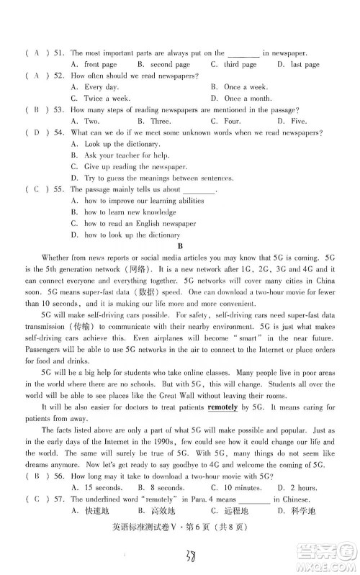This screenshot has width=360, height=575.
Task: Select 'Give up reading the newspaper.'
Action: [x=127, y=166]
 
